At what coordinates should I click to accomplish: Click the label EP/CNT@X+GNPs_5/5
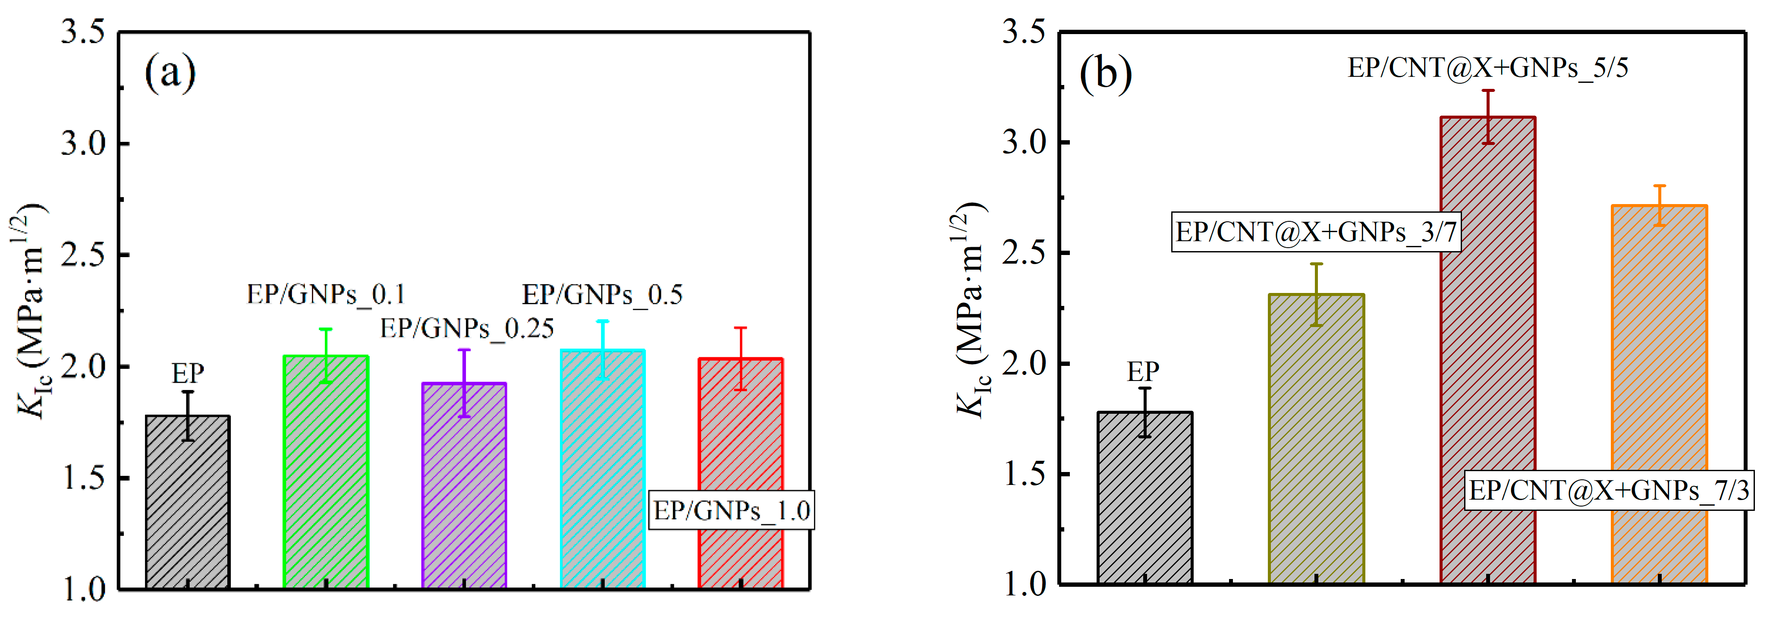pos(1487,68)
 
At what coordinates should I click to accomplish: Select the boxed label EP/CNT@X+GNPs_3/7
pos(1316,232)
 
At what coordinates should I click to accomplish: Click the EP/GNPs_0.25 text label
pos(467,329)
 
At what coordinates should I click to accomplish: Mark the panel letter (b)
pos(1106,73)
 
